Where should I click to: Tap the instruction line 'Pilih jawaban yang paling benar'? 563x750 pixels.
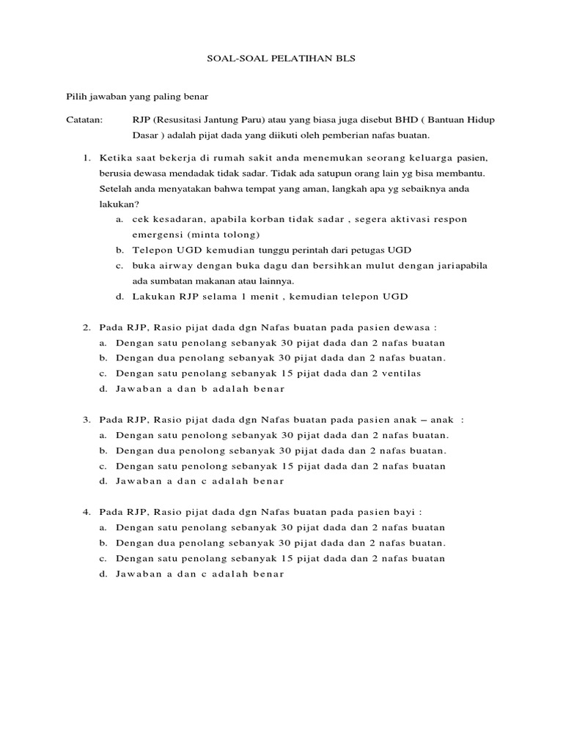138,96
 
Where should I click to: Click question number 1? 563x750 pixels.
86,157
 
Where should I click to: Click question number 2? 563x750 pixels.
86,327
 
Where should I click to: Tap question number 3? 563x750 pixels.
86,420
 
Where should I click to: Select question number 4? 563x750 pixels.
86,512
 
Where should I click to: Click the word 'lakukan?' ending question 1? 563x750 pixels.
118,204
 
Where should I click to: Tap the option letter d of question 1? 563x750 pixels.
119,296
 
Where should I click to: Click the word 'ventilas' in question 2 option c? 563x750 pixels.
423,373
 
